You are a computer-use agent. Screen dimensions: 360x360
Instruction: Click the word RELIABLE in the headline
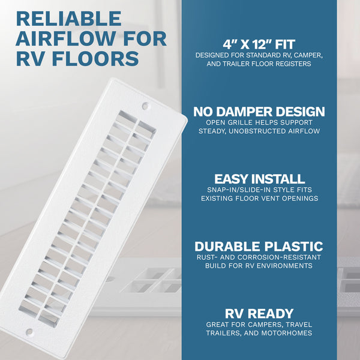click(x=68, y=19)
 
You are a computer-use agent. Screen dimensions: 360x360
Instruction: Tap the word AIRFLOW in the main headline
click(x=66, y=38)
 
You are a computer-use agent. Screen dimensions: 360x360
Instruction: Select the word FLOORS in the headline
click(x=95, y=58)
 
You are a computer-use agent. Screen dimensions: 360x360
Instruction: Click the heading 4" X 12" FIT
click(x=259, y=44)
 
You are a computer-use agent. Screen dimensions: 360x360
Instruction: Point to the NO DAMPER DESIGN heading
click(x=259, y=112)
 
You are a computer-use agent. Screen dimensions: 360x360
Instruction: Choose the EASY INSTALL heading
click(x=259, y=179)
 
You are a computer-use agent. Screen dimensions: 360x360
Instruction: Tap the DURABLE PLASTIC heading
click(x=259, y=247)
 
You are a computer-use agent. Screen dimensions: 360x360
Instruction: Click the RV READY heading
click(x=259, y=314)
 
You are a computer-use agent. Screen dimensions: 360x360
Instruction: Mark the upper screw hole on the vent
click(x=145, y=106)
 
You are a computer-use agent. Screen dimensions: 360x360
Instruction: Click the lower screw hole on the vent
click(x=29, y=332)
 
